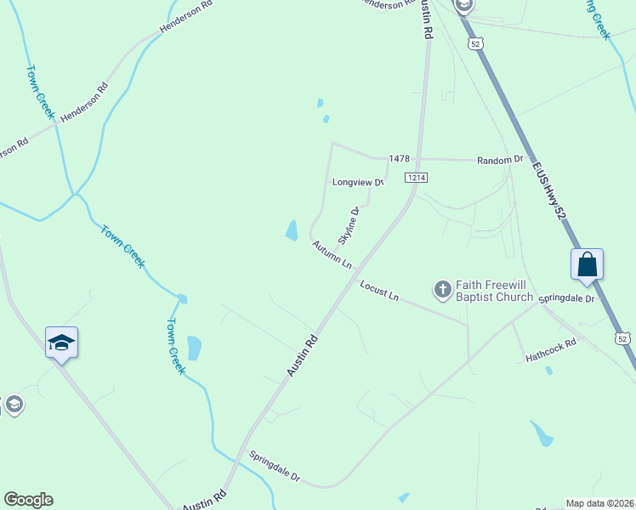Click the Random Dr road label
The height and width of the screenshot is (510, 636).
tap(500, 160)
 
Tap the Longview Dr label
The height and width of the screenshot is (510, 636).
tap(358, 182)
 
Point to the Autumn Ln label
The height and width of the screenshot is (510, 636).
tap(332, 254)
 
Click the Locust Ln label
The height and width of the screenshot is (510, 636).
tap(378, 290)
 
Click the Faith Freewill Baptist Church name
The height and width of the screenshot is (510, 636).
tap(494, 291)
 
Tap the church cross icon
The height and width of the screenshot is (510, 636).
tap(442, 291)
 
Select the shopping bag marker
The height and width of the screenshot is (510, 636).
tap(588, 265)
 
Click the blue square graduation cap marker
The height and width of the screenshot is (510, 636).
tap(62, 343)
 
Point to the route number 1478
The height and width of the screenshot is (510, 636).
tap(399, 159)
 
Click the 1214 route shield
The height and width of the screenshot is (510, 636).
tap(416, 177)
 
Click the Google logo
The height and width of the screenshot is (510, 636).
tap(28, 500)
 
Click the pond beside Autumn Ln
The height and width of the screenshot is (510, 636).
tap(292, 229)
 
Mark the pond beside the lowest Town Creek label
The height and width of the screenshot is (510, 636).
tap(195, 347)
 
